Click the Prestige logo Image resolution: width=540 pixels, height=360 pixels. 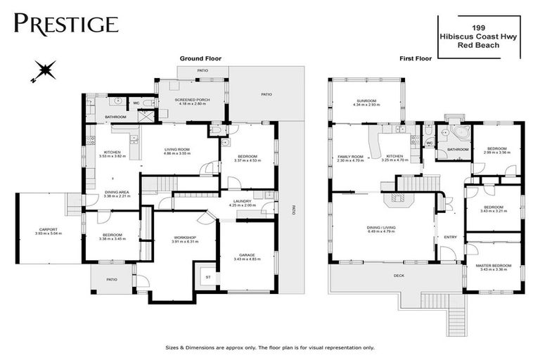65,23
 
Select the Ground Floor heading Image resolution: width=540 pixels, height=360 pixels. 200,59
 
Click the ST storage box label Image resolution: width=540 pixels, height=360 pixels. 207,277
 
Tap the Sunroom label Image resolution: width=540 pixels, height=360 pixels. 367,103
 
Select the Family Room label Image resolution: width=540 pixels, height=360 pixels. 350,157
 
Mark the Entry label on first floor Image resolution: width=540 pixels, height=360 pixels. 450,237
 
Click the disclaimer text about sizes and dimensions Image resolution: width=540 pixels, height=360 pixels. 270,347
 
